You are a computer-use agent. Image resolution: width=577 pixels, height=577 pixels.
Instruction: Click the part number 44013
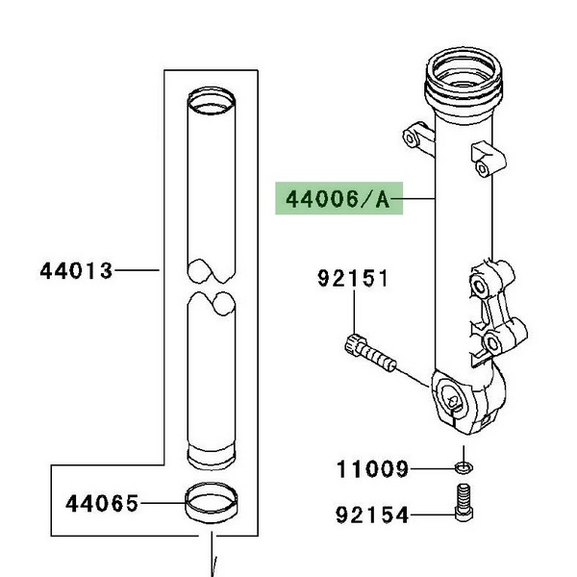[76, 271]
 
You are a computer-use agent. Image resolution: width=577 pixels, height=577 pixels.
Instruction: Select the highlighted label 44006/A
[339, 199]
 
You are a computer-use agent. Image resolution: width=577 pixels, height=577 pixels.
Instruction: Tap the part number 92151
[353, 278]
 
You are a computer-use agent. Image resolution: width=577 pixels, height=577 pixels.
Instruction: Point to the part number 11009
[372, 469]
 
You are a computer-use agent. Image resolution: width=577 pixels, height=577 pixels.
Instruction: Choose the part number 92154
[372, 514]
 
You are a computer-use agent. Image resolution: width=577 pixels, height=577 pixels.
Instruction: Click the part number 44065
[102, 503]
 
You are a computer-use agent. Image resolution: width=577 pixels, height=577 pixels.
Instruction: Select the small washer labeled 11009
[464, 467]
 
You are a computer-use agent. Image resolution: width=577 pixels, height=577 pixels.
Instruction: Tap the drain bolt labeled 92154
[464, 502]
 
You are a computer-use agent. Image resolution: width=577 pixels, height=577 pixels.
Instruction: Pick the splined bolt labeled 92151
[371, 353]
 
